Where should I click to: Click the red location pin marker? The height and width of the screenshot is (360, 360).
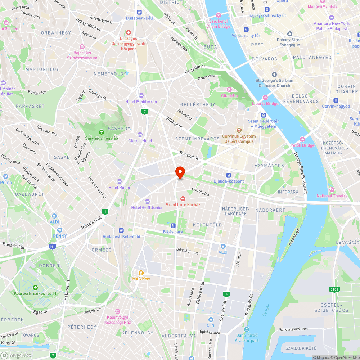pos(180,172)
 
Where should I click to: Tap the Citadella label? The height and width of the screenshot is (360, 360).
pos(229,96)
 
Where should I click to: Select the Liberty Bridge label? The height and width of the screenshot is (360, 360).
pos(265,104)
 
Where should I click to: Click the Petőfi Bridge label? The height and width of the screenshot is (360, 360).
pos(302,145)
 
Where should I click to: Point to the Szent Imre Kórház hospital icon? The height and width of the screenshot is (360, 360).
pos(183,199)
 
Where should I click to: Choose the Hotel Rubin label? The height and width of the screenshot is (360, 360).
pos(119,187)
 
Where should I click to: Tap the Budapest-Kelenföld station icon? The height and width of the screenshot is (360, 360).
pos(121,230)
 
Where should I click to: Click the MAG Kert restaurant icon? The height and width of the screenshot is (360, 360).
pos(141,273)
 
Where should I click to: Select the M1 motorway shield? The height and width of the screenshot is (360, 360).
pos(53,247)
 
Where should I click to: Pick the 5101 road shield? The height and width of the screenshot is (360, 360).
pos(334,289)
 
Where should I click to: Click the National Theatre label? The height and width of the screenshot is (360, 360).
pos(332,196)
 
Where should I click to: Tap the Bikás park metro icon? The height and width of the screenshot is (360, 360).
pos(173,226)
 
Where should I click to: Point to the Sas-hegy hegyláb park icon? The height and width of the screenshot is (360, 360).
pos(101,132)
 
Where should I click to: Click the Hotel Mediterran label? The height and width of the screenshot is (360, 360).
pos(141,102)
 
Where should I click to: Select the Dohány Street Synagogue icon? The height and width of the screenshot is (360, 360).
pos(290,33)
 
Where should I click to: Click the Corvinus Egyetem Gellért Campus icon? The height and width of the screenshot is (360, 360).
pos(238,130)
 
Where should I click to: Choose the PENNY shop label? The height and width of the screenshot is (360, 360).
pos(60,236)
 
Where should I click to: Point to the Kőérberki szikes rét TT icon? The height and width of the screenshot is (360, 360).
pos(35,288)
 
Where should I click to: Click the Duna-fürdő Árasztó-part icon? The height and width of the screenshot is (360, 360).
pos(246,329)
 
